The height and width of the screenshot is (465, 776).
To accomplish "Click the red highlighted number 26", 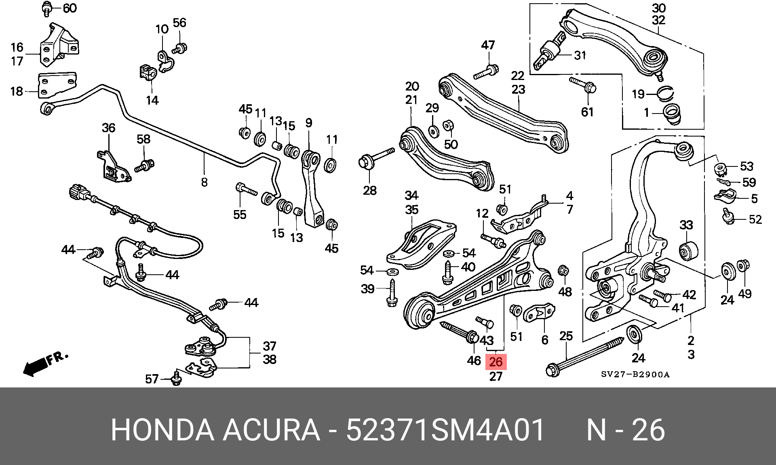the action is pos(496,362).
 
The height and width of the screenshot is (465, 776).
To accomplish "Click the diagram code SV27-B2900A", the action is pos(635,375).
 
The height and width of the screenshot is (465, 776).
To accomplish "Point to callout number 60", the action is pos(70,8).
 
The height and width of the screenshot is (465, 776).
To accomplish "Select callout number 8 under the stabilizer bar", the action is pos(204,182).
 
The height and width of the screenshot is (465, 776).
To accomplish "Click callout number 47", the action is pos(488,45).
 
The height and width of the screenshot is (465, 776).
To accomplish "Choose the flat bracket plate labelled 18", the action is pos(57,85).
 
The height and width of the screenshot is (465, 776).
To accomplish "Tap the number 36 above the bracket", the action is pos(108,128).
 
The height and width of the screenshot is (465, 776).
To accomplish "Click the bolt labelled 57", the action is pos(176,378).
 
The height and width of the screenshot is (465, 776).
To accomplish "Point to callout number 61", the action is pos(587,112).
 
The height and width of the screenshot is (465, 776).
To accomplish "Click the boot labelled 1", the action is pos(673,114).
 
